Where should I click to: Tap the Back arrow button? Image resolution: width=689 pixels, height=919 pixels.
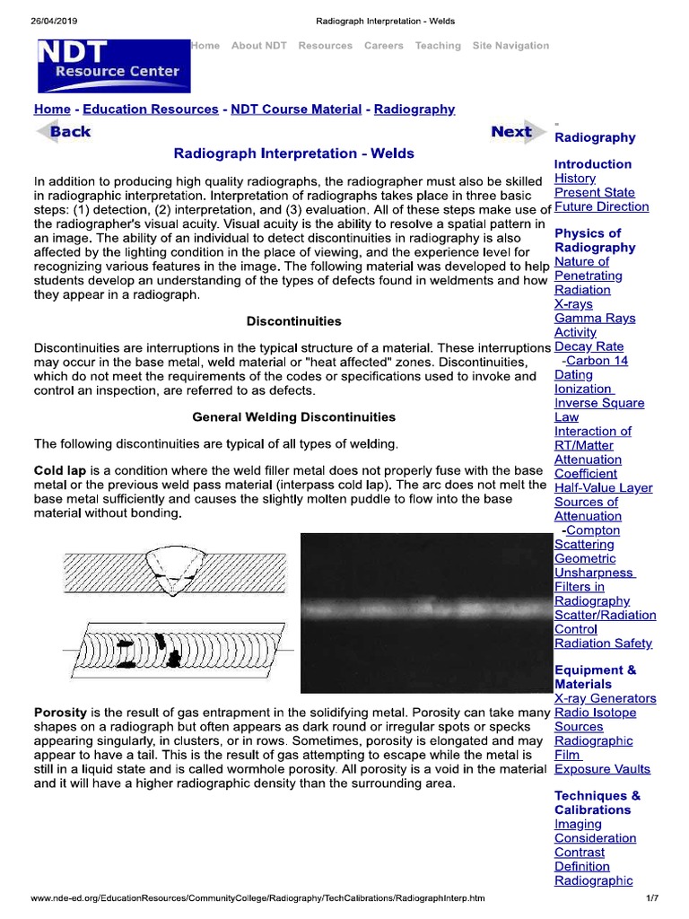pos(64,132)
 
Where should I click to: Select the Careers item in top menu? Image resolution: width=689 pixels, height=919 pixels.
pos(383,46)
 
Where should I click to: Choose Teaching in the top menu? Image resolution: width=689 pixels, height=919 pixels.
pos(438,46)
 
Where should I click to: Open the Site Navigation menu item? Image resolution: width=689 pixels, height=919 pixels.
pos(510,46)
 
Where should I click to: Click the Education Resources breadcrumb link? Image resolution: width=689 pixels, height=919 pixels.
pos(150,109)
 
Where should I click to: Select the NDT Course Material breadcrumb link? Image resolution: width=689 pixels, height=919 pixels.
pos(296,109)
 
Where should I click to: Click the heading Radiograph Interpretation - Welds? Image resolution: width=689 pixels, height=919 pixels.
pos(293,153)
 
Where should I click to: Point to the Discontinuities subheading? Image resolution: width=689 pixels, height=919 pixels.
pos(293,320)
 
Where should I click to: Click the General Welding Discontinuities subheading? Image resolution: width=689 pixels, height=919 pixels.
pos(293,416)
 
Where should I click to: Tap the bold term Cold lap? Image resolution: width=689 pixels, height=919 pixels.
pos(60,471)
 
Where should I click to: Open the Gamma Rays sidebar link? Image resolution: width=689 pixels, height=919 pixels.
pos(594,319)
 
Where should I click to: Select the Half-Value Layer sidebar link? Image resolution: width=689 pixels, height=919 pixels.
pos(603,488)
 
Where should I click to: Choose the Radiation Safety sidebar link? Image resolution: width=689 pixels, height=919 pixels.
pos(603,643)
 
